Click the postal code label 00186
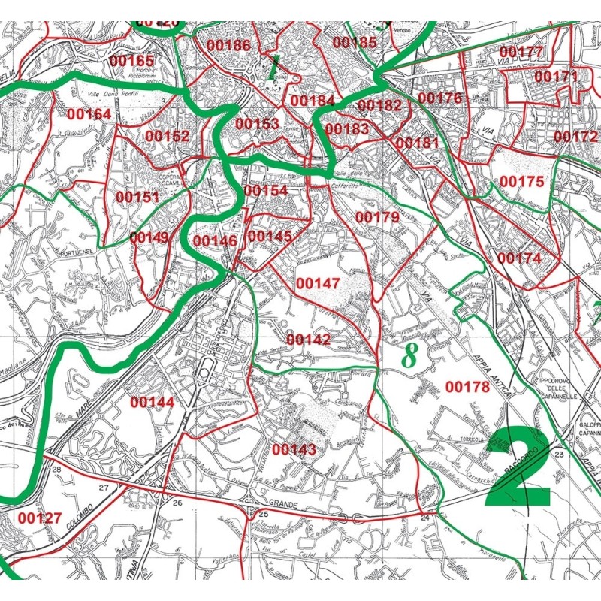click(228, 45)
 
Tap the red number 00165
click(131, 60)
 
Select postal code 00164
click(89, 114)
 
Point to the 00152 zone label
click(168, 136)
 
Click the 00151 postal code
click(137, 197)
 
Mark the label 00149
click(149, 237)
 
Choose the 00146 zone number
click(215, 240)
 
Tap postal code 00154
click(266, 191)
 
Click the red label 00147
click(318, 283)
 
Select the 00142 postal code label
click(308, 340)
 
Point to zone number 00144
click(153, 402)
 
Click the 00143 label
click(294, 449)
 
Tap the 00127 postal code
click(40, 518)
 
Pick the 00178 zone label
click(467, 387)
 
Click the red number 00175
click(521, 181)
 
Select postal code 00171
click(556, 77)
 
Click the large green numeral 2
click(518, 470)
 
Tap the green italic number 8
click(409, 355)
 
